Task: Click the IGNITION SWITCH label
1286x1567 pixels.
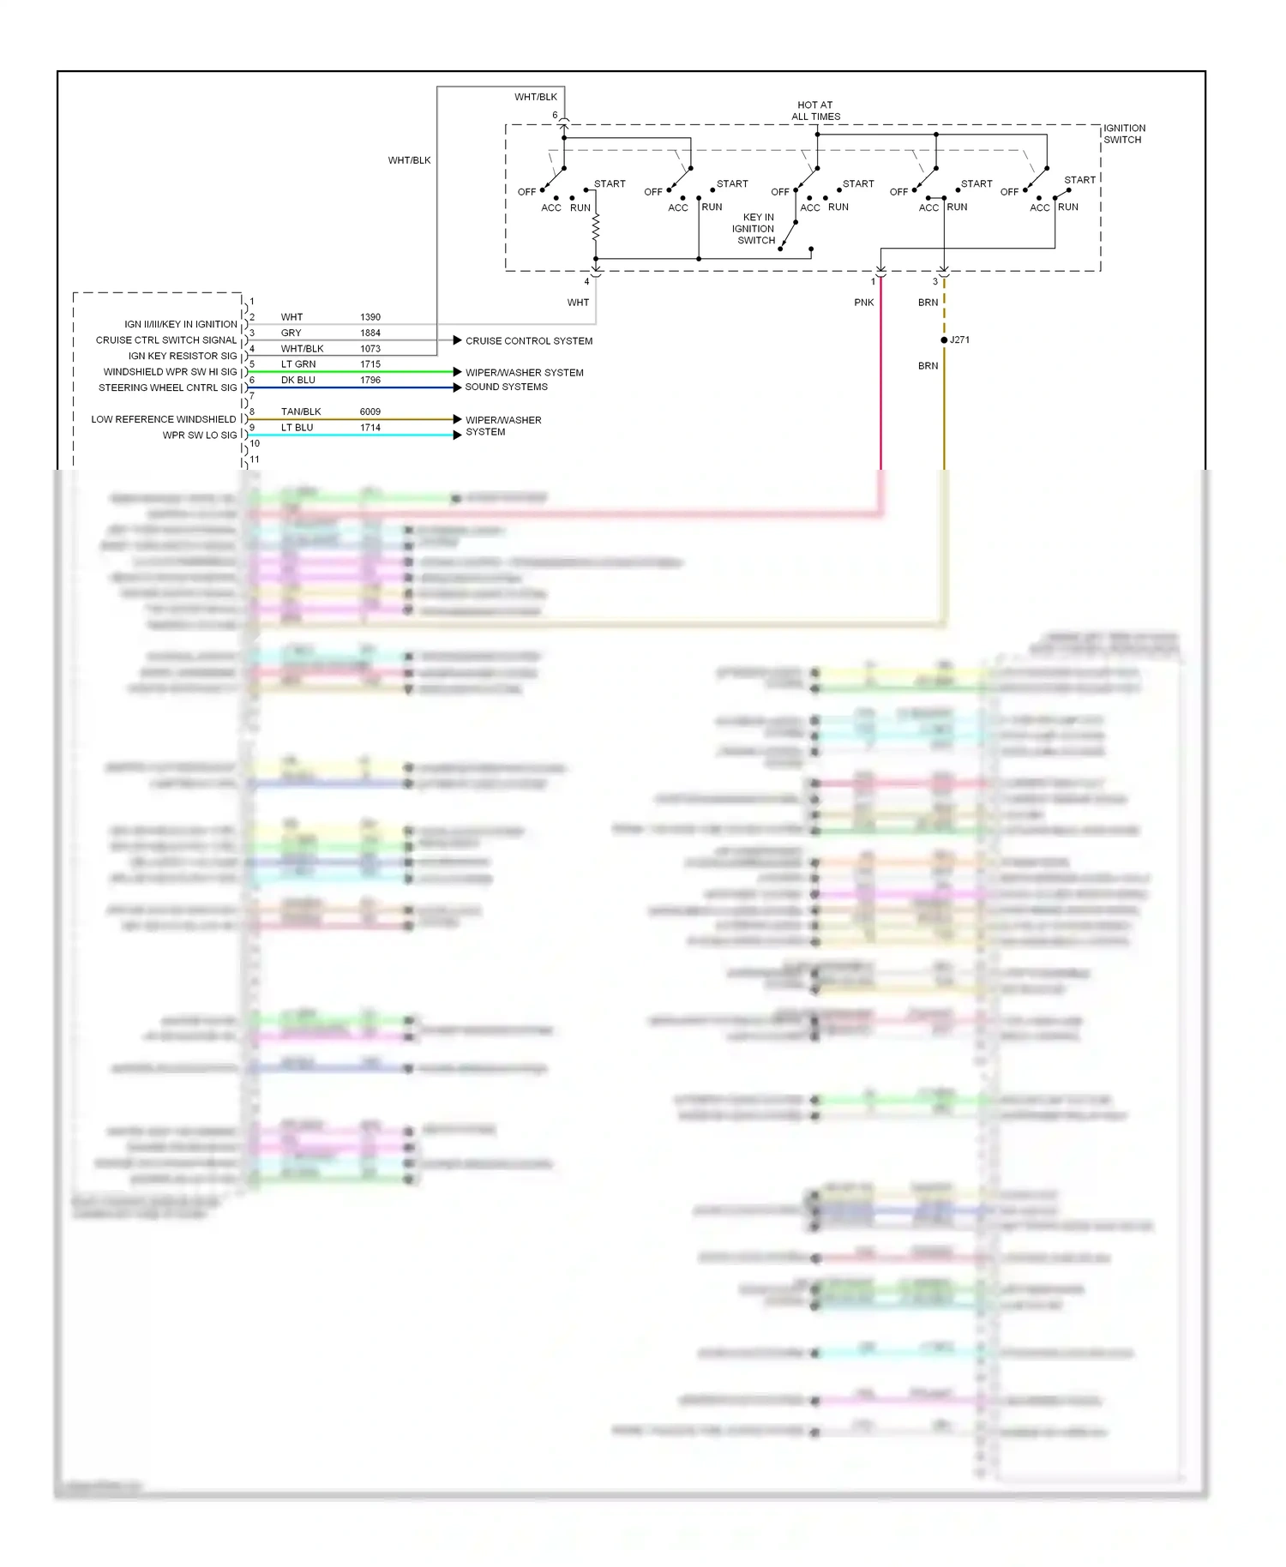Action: tap(1124, 134)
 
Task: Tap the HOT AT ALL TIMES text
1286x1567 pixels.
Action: tap(815, 111)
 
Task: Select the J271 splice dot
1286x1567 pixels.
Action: tap(944, 340)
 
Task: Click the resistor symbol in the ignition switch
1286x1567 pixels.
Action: tap(596, 227)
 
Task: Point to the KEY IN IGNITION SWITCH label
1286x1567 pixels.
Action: tap(754, 229)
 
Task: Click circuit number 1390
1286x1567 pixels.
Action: tap(370, 317)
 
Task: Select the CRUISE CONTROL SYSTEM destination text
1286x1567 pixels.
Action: tap(529, 341)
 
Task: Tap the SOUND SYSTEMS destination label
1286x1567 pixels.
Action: tap(506, 387)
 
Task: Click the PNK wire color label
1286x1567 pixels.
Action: tap(864, 303)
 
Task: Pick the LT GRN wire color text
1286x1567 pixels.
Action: tap(298, 364)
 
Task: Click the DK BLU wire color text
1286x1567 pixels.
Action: tap(298, 381)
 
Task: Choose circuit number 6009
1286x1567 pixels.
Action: tap(370, 412)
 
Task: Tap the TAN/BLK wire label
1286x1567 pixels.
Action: tap(301, 412)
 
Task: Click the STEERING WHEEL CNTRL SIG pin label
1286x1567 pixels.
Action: tap(167, 388)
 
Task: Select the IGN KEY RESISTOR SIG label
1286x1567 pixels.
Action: tap(183, 357)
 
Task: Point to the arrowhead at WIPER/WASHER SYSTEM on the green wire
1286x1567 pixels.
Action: tap(457, 372)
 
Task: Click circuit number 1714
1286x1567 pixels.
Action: tap(370, 428)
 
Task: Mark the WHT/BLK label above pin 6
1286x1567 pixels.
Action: tap(536, 97)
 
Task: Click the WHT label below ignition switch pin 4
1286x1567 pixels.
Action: tap(578, 303)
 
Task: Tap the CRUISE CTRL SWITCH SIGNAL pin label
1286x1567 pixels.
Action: tap(166, 340)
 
